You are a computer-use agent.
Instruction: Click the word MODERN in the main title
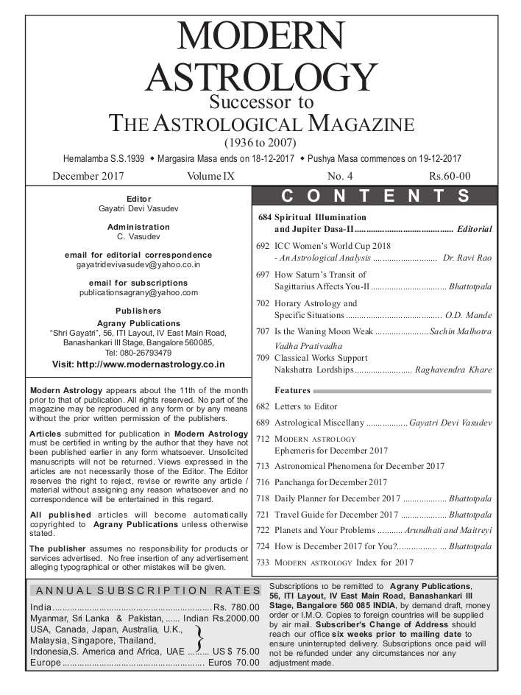[260, 37]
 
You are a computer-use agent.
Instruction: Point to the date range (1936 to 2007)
[260, 142]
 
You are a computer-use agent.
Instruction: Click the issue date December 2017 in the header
[88, 176]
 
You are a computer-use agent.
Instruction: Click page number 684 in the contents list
[266, 218]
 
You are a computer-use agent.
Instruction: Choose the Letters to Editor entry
[305, 406]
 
